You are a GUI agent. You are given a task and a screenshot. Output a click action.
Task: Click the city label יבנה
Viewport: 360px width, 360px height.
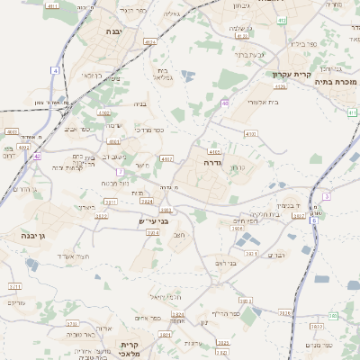(x=114, y=31)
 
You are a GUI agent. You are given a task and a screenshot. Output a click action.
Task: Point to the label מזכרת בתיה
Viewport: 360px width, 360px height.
(x=339, y=82)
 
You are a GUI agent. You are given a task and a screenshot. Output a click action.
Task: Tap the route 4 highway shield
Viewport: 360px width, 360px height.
(x=55, y=69)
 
